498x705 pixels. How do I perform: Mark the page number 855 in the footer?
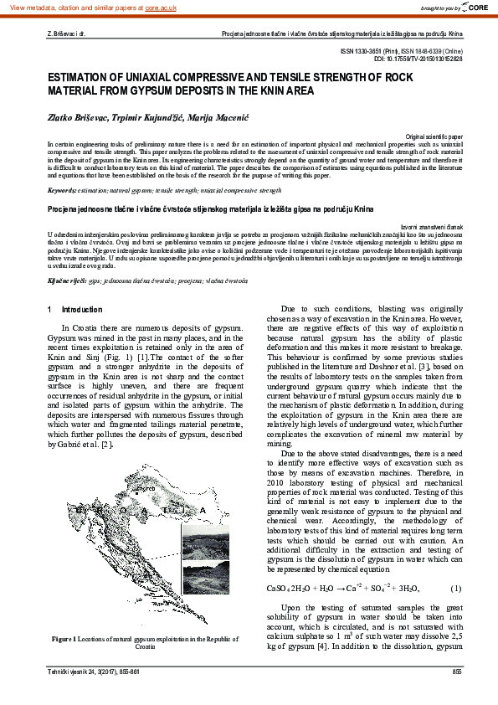pos(457,672)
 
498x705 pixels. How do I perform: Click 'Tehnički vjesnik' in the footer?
pos(68,672)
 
